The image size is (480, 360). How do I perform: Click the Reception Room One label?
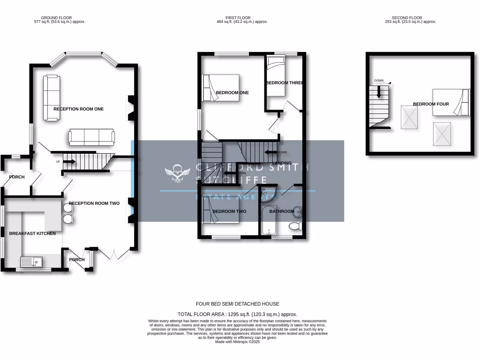[78, 109]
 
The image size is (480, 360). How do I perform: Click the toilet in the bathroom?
[295, 227]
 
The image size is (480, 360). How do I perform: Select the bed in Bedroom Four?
[450, 102]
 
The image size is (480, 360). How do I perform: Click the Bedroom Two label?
[229, 211]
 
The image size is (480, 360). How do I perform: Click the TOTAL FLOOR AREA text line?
[237, 314]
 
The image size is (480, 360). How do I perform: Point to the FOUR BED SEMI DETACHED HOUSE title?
[237, 304]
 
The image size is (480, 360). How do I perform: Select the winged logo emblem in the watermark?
[177, 173]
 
